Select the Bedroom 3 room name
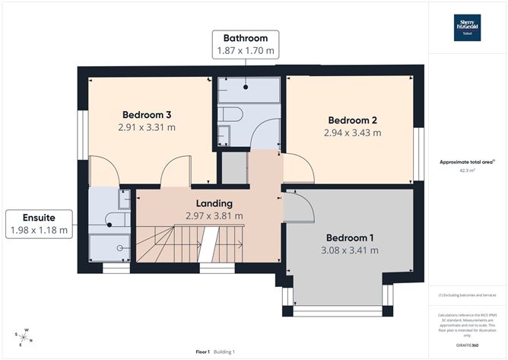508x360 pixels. (147, 115)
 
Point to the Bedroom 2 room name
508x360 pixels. (353, 120)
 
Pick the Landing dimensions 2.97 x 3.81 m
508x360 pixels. (214, 216)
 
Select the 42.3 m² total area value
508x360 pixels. (468, 171)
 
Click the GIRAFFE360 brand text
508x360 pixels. (468, 346)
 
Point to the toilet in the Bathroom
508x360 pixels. (231, 115)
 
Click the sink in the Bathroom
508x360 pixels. (224, 135)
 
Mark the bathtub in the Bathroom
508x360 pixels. (248, 89)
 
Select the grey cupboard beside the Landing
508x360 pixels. (234, 167)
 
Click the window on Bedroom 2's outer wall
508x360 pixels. (417, 154)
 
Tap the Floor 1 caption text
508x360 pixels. (202, 352)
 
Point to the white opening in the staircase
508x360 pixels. (203, 247)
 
